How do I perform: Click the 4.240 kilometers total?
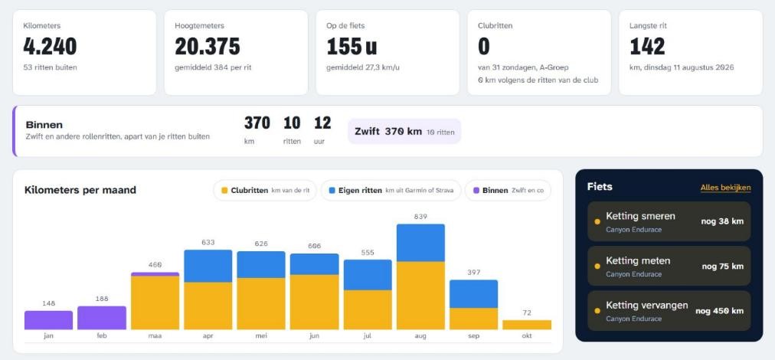click(x=50, y=47)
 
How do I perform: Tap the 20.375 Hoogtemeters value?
click(x=208, y=47)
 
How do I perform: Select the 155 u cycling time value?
click(x=352, y=47)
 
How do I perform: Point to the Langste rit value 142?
click(x=647, y=47)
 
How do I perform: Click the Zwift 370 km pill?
click(x=404, y=132)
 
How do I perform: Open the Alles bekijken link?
click(x=725, y=188)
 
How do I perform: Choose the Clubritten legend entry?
click(x=265, y=191)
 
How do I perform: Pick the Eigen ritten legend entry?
click(x=391, y=191)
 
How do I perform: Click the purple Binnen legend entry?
click(x=508, y=191)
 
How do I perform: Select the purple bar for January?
click(x=48, y=320)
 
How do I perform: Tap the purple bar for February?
click(x=102, y=318)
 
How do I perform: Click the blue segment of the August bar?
click(x=420, y=243)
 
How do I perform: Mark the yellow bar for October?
click(x=527, y=325)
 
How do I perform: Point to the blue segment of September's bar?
click(x=473, y=294)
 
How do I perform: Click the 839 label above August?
click(x=420, y=217)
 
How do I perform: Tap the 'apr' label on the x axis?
click(x=208, y=335)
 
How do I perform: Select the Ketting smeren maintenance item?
click(x=669, y=221)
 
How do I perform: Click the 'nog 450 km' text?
click(x=719, y=311)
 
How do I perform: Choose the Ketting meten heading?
click(x=638, y=260)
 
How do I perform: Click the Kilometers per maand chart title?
click(x=80, y=190)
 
